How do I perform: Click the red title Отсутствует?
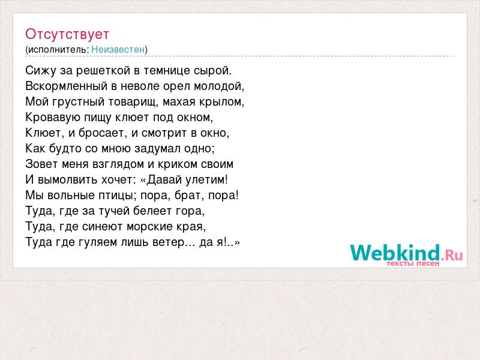pyautogui.click(x=67, y=34)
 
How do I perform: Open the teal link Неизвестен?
pyautogui.click(x=118, y=49)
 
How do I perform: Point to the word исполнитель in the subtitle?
pyautogui.click(x=58, y=50)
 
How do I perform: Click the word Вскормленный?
pyautogui.click(x=67, y=86)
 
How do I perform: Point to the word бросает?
pyautogui.click(x=103, y=133)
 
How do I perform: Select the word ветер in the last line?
pyautogui.click(x=169, y=242)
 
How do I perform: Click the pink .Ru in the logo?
pyautogui.click(x=452, y=255)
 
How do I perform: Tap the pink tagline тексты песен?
pyautogui.click(x=413, y=263)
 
